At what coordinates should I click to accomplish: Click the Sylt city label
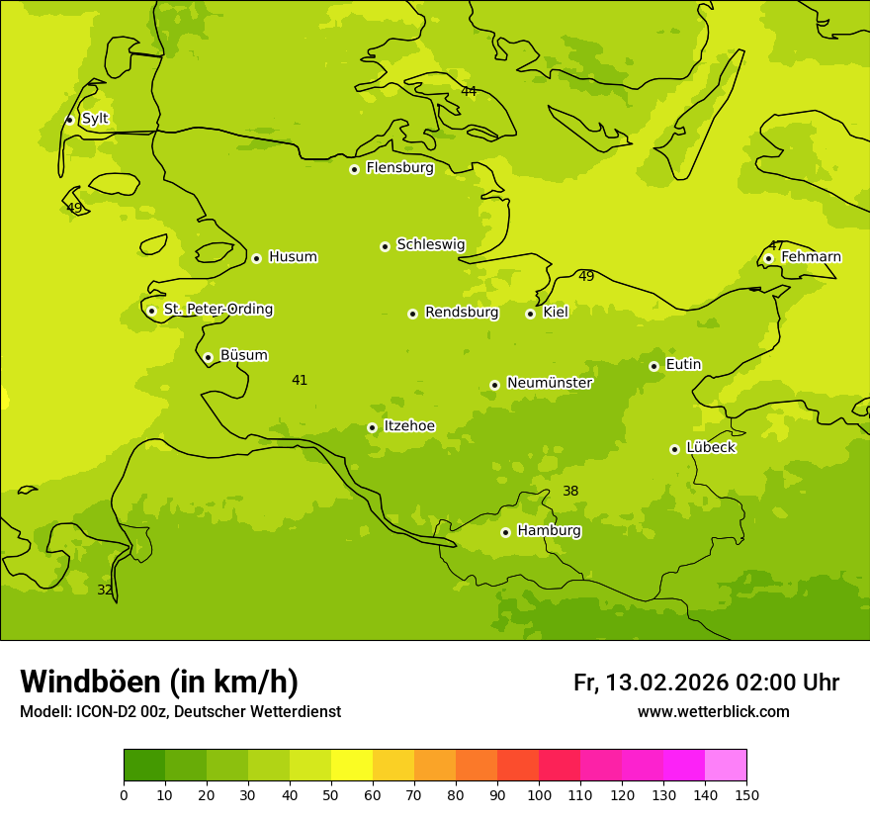pos(95,119)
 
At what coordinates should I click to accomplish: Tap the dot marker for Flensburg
pos(354,169)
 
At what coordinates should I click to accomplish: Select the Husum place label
pos(293,257)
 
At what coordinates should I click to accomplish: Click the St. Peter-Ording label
pos(218,310)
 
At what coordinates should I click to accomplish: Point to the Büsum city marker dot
pos(208,357)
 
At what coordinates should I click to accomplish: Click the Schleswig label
pos(430,244)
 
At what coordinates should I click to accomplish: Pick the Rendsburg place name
pos(462,313)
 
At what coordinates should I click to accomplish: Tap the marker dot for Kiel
pos(530,314)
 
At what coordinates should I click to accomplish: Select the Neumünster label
pos(550,383)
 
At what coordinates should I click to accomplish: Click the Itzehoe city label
pos(409,426)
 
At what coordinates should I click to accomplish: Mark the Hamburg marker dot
pos(505,532)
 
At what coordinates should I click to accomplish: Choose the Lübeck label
pos(710,447)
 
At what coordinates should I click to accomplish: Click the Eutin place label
pos(683,365)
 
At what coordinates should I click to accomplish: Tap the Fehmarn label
pos(811,257)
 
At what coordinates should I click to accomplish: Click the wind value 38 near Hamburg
pos(570,491)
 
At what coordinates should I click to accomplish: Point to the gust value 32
pos(105,590)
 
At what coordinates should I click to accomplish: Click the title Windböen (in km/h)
pos(159,682)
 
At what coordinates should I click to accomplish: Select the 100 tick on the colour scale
pos(539,794)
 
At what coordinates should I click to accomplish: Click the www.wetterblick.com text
pos(713,711)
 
